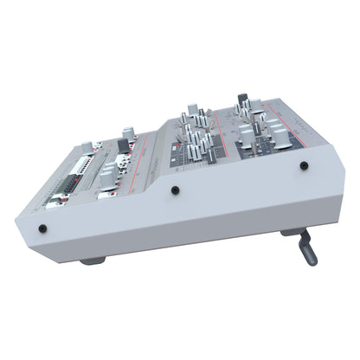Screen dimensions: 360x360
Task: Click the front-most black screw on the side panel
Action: point(42,229)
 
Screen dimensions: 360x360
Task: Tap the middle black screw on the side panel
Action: point(175,190)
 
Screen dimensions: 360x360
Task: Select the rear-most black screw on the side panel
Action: point(304,165)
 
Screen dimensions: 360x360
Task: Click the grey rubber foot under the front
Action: point(93,260)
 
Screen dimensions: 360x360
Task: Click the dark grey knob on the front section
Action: point(123,145)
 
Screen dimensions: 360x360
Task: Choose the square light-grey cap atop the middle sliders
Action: point(193,110)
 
